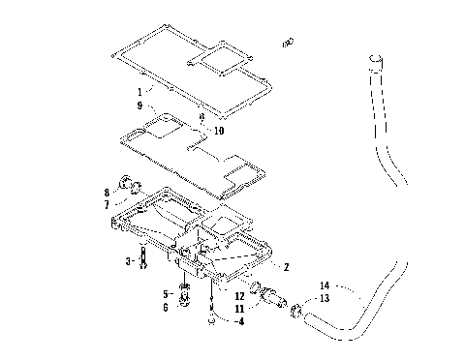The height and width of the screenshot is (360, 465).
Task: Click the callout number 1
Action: tap(139, 93)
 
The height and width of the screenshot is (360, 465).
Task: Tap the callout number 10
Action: tap(218, 130)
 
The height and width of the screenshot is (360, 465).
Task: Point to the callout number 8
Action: tap(106, 194)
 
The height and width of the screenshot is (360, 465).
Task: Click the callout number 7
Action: tap(106, 204)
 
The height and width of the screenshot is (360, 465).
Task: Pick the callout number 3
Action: tap(129, 261)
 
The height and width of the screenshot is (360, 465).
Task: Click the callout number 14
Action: tap(325, 286)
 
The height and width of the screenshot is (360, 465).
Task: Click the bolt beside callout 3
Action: tap(144, 259)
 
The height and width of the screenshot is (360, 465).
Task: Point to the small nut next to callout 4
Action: tap(209, 315)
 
